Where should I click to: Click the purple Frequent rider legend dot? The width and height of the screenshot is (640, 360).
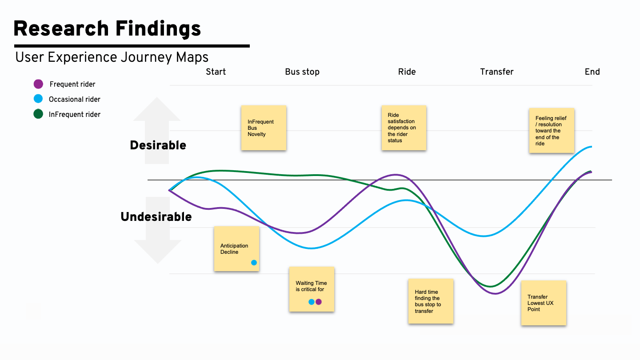[x=39, y=84]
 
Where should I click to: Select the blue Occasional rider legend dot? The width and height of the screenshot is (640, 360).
[x=39, y=99]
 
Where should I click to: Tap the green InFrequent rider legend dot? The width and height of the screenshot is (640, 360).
[x=39, y=114]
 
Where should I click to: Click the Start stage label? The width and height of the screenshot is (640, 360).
[x=216, y=72]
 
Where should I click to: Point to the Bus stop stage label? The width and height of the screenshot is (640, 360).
[x=302, y=72]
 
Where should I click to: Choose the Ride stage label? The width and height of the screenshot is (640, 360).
[x=407, y=72]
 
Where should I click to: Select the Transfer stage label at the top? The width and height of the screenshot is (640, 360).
[x=497, y=72]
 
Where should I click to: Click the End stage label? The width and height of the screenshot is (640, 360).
[x=592, y=72]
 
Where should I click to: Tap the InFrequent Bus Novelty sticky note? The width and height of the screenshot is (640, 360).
[x=264, y=128]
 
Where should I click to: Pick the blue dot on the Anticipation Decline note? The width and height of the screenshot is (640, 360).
[x=254, y=263]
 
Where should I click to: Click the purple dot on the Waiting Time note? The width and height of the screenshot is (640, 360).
[x=319, y=302]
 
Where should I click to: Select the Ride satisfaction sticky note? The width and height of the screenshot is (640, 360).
[x=404, y=128]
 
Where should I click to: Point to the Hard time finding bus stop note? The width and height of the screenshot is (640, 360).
[x=431, y=301]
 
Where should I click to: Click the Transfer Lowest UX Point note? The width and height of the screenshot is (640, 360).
[x=544, y=303]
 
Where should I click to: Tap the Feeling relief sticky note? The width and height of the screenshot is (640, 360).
[x=551, y=131]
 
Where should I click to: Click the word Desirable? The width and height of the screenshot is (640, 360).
[x=158, y=145]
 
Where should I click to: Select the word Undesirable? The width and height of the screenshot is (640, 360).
[x=156, y=217]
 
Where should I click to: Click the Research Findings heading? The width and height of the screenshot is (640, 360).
[x=107, y=29]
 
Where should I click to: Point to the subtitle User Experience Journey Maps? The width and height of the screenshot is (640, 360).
[x=112, y=57]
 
